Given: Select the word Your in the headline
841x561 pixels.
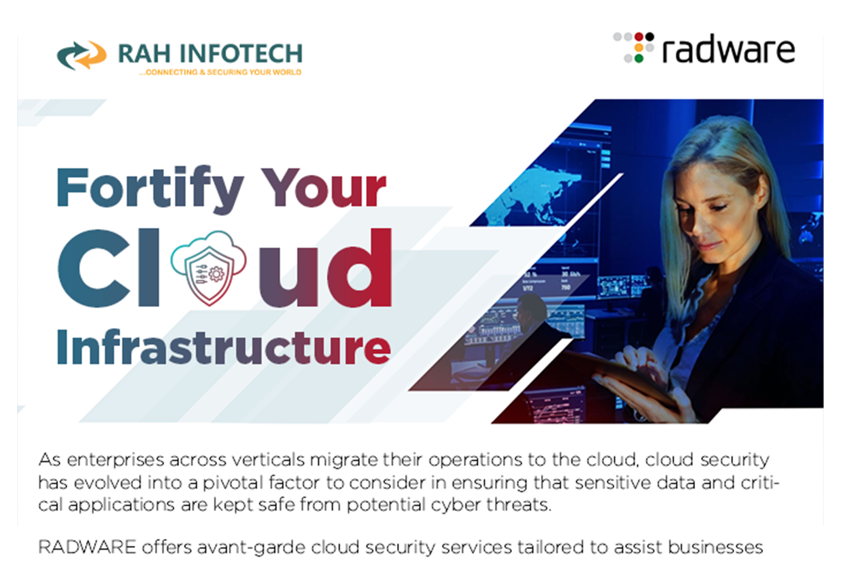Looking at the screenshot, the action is tap(324, 187).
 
